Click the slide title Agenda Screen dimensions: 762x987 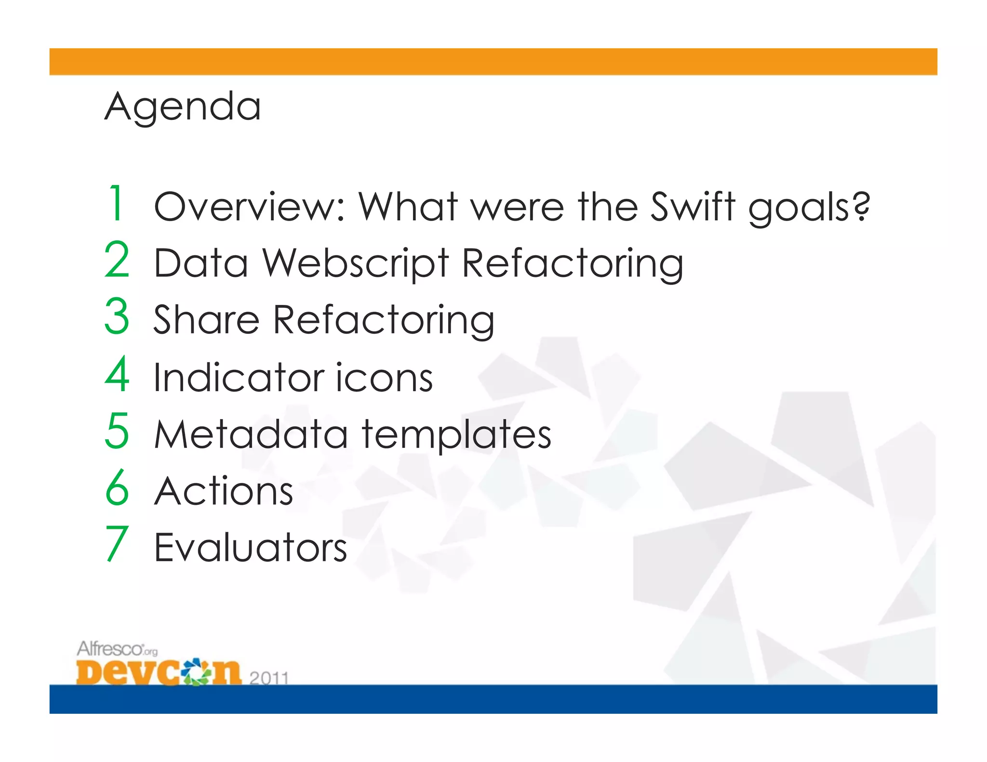pyautogui.click(x=183, y=106)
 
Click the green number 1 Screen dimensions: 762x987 pyautogui.click(x=116, y=203)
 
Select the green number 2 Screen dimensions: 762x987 pyautogui.click(x=117, y=260)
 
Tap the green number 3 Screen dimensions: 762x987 pyautogui.click(x=117, y=316)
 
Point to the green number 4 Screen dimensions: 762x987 pyautogui.click(x=117, y=374)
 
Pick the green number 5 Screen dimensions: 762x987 pyautogui.click(x=117, y=431)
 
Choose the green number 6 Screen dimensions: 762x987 pyautogui.click(x=117, y=487)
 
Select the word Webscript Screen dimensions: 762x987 pyautogui.click(x=356, y=264)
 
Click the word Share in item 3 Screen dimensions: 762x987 pyautogui.click(x=206, y=320)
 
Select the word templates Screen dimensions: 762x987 pyautogui.click(x=456, y=435)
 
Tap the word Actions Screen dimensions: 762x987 pyautogui.click(x=224, y=491)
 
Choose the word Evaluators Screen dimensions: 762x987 pyautogui.click(x=251, y=548)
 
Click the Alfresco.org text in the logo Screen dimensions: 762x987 pyautogui.click(x=117, y=649)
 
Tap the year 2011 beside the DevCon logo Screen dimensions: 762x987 pyautogui.click(x=269, y=678)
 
